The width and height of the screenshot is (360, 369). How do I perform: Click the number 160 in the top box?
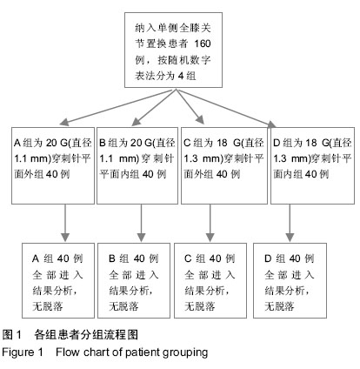203,44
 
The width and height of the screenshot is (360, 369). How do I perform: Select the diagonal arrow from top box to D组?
226,108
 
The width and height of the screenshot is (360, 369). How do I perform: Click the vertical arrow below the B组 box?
141,223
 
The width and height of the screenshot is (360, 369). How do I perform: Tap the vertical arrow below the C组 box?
210,223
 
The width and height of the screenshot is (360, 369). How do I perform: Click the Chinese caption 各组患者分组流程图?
86,335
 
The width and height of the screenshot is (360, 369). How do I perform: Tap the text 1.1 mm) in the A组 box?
33,158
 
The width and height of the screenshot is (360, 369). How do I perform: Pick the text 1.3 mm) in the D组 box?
292,158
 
